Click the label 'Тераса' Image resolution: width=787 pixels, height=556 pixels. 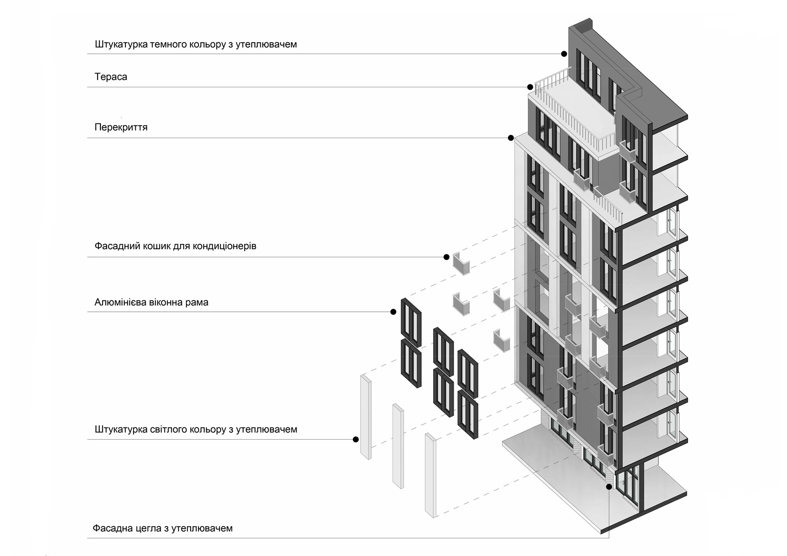pos(111,77)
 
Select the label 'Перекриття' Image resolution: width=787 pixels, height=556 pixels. pos(121,127)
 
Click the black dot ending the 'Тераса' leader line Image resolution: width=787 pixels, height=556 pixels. pos(530,87)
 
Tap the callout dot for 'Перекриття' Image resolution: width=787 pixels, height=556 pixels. pos(511,138)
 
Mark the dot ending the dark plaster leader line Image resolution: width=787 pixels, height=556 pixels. pos(564,54)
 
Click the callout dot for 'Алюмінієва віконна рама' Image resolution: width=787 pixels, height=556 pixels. pos(393,312)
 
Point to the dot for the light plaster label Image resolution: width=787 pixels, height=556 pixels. pos(356,439)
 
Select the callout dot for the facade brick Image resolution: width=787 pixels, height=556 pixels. pos(609,487)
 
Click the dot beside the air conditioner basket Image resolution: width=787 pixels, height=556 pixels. pos(446,257)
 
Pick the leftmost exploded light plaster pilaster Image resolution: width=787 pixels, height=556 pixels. pos(366,417)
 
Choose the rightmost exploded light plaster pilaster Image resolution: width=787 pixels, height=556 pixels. pos(430,475)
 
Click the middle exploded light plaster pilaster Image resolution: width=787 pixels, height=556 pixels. pos(398,446)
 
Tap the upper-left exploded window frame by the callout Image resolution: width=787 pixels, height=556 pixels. pos(411,322)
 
